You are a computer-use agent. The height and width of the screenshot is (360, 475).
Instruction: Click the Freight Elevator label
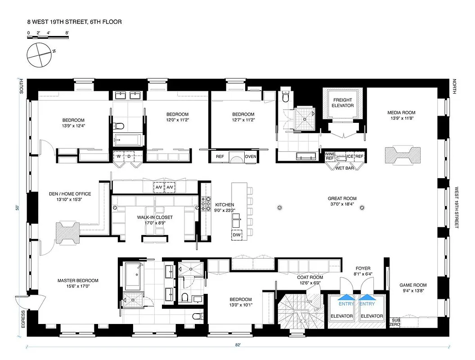pos(343,103)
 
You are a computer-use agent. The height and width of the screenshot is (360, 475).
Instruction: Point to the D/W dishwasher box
pos(237,235)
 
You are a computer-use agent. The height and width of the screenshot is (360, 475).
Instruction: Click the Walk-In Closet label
pos(155,220)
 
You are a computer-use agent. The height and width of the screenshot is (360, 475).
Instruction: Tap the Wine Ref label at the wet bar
pos(330,156)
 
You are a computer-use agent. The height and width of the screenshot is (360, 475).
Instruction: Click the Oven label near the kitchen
pos(251,157)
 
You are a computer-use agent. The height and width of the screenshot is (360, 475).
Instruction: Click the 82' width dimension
pos(237,345)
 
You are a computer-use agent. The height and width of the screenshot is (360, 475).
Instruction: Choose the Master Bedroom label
pos(78,283)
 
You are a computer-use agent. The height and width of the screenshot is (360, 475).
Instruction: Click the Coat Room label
pos(309,280)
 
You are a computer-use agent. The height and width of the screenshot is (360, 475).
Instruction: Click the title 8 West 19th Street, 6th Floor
pos(74,22)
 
